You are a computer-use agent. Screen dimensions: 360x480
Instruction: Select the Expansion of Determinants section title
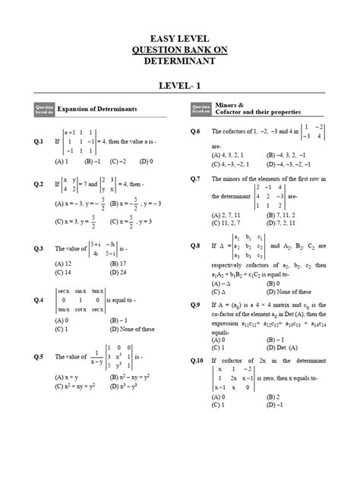[x=97, y=109]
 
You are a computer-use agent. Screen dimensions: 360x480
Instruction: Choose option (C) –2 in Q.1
[x=117, y=161]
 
